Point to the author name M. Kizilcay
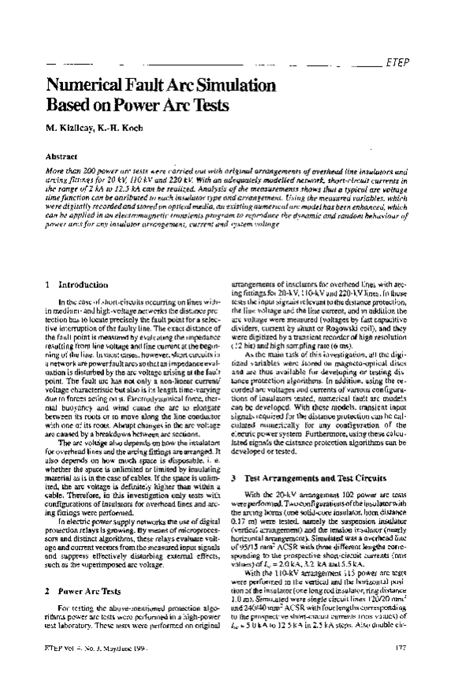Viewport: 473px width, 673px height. [x=71, y=129]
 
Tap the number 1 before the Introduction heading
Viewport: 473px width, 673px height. [x=49, y=284]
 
